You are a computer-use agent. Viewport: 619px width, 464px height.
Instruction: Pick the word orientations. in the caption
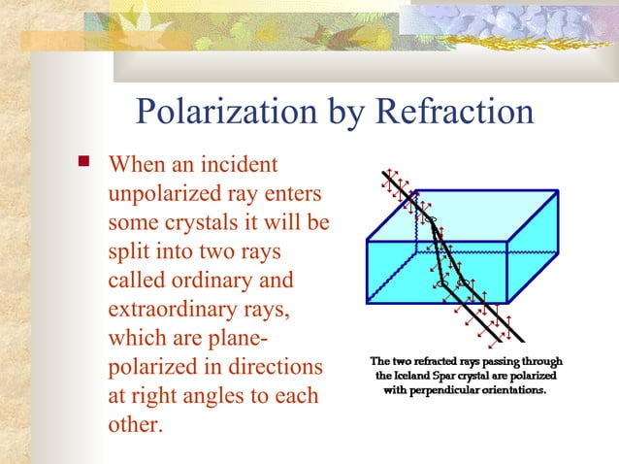click(x=513, y=390)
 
